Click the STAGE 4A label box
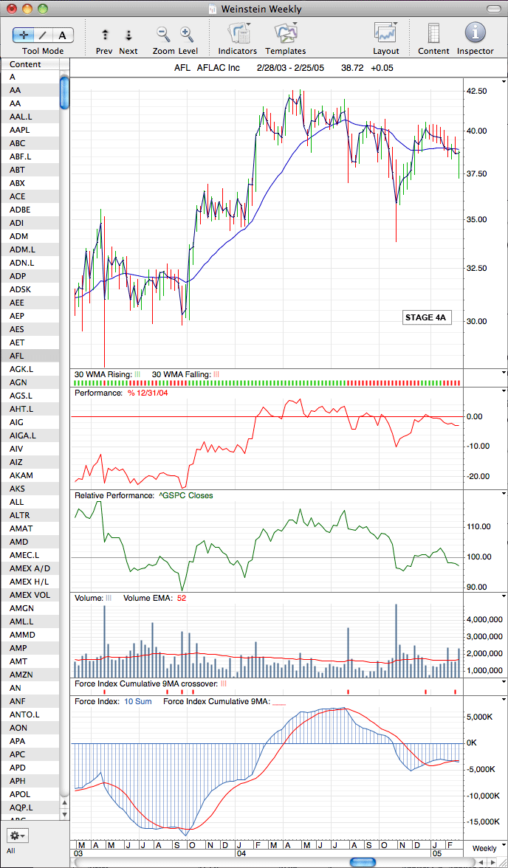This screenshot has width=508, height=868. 425,317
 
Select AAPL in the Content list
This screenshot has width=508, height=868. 19,130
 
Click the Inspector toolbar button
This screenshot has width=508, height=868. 475,38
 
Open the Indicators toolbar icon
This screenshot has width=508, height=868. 237,38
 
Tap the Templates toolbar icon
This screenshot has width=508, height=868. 285,38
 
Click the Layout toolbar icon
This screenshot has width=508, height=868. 385,38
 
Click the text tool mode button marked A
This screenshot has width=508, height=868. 63,35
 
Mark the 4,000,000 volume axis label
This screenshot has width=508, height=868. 484,619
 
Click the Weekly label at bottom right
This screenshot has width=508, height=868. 484,848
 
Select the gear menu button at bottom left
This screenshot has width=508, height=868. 18,835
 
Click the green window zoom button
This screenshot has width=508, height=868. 42,9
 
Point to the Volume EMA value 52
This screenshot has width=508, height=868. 181,598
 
